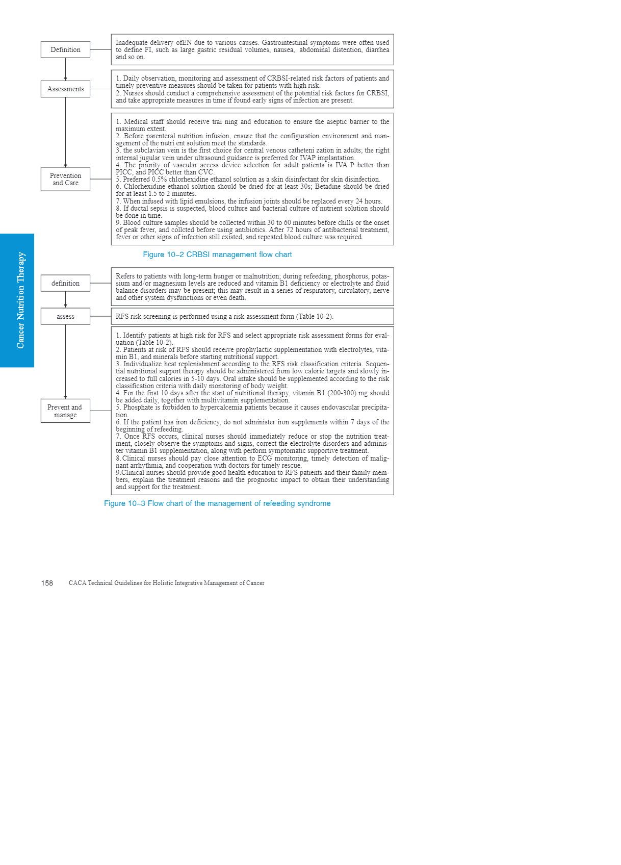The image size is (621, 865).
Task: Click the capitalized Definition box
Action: pyautogui.click(x=65, y=49)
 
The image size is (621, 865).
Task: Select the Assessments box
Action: pyautogui.click(x=65, y=89)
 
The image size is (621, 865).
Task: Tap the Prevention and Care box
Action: pyautogui.click(x=65, y=179)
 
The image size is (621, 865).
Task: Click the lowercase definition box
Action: pyautogui.click(x=65, y=283)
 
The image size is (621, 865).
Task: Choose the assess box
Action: pyautogui.click(x=65, y=316)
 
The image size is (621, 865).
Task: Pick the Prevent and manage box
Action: pyautogui.click(x=65, y=411)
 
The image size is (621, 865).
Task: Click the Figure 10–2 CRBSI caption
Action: pyautogui.click(x=217, y=255)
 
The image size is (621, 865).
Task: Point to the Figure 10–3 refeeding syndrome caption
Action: pyautogui.click(x=217, y=503)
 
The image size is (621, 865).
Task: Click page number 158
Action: pyautogui.click(x=47, y=583)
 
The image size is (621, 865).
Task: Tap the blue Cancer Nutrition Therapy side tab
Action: pyautogui.click(x=17, y=300)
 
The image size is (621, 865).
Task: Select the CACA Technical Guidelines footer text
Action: pyautogui.click(x=166, y=583)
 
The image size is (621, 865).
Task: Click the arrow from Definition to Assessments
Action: pyautogui.click(x=65, y=69)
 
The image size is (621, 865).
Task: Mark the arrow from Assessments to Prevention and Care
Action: pyautogui.click(x=65, y=133)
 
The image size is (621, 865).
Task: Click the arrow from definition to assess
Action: pyautogui.click(x=65, y=299)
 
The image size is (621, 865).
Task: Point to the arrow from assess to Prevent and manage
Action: pyautogui.click(x=65, y=362)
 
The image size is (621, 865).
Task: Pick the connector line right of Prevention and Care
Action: pyautogui.click(x=100, y=179)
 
